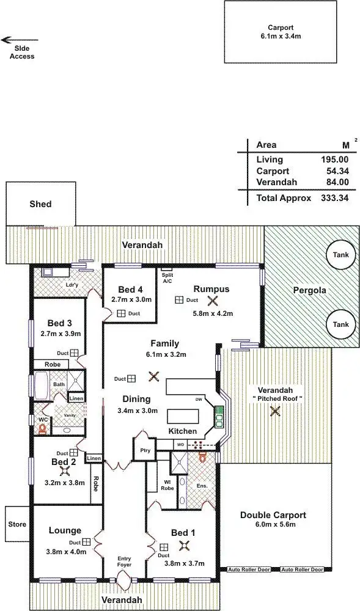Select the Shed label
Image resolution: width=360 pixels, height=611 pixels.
tap(42, 204)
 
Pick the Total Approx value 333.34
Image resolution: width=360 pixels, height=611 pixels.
tap(335, 198)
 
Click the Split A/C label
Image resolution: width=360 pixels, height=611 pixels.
tap(167, 276)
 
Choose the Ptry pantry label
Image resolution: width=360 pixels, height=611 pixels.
tap(145, 450)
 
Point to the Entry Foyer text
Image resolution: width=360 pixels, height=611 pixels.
tap(124, 562)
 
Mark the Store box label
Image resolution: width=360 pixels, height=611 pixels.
tap(17, 524)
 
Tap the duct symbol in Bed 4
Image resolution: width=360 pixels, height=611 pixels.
tap(121, 313)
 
